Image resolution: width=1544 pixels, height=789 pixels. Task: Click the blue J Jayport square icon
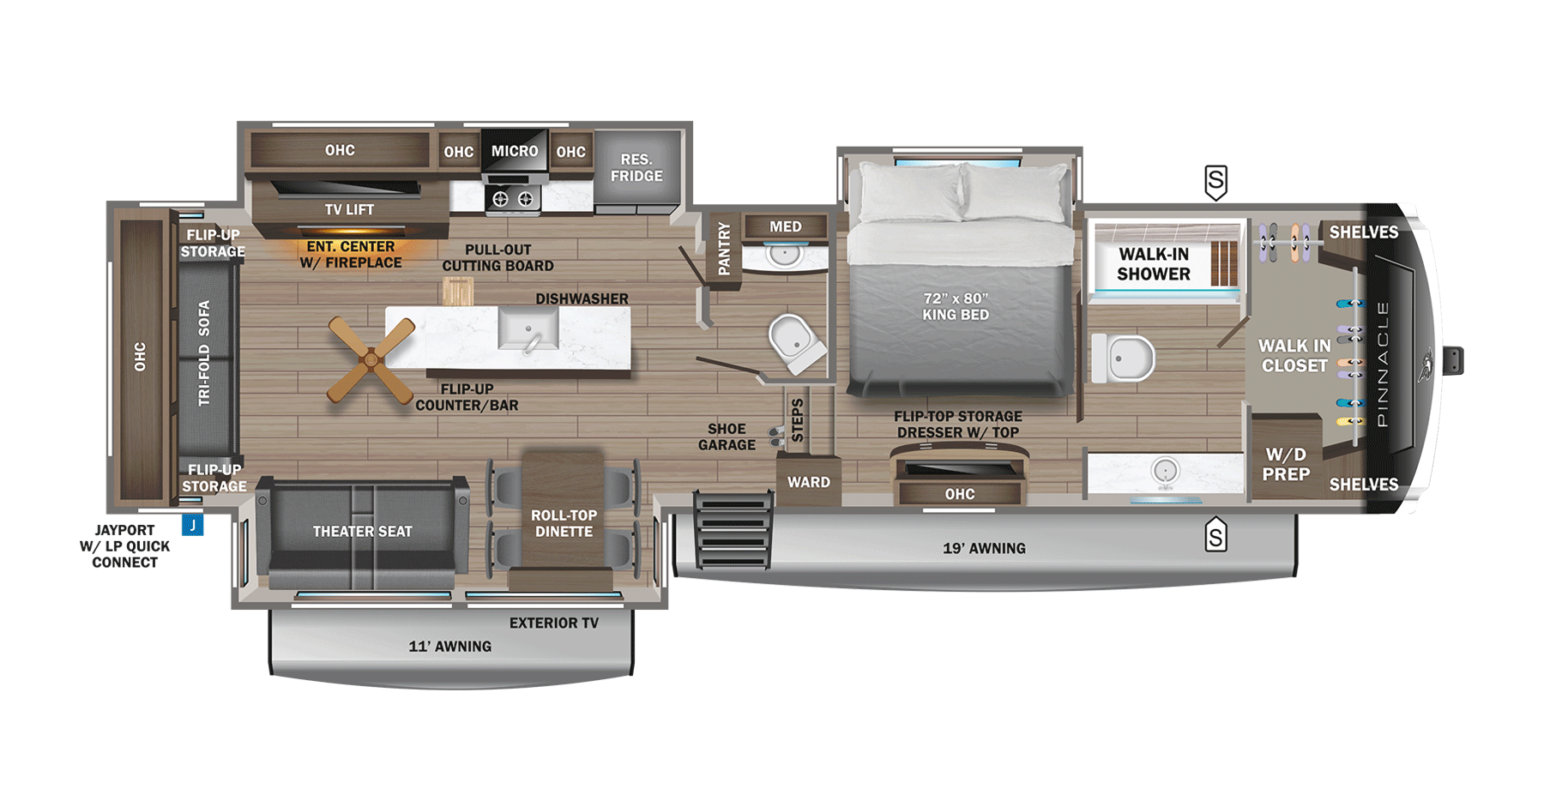point(193,525)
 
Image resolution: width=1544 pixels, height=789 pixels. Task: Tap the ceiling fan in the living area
point(371,360)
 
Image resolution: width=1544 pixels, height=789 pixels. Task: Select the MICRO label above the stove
point(515,151)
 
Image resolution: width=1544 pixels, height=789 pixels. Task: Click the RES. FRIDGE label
point(636,168)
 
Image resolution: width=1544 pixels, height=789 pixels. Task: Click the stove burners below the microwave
point(513,199)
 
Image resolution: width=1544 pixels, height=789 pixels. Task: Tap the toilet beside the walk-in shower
point(1124,358)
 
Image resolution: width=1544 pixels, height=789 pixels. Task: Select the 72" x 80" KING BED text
point(956,306)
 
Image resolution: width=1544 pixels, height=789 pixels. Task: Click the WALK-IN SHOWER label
point(1154,264)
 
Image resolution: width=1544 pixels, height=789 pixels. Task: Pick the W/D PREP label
point(1286,464)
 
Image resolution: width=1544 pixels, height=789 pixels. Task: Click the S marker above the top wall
point(1215,182)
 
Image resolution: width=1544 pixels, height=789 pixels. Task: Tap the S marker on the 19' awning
point(1215,536)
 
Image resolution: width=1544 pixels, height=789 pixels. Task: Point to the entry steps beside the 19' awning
point(732,529)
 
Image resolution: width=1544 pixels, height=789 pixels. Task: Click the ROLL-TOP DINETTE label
point(564,523)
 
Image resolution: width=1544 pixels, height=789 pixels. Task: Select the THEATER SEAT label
point(362,532)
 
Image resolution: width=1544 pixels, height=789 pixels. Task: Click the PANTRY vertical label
point(724,249)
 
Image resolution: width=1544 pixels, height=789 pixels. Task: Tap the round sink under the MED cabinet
point(784,254)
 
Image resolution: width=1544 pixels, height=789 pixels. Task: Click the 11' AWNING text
point(449,647)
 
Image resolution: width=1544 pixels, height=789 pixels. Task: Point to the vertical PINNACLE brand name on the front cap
point(1382,364)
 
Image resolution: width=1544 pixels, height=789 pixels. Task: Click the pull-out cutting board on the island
point(457,292)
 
